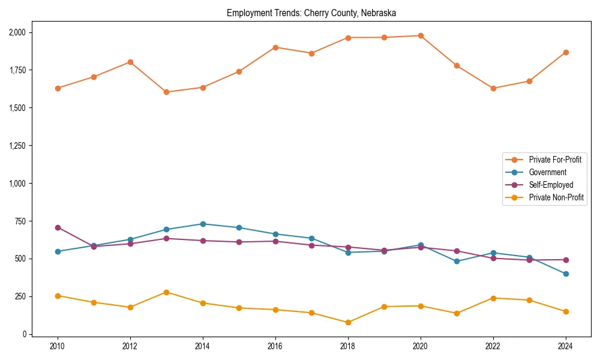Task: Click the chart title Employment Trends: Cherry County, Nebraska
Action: pos(311,13)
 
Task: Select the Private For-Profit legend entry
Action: pos(554,160)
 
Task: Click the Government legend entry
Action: pos(547,172)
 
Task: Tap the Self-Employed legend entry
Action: pos(551,185)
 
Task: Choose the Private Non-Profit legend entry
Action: pos(556,197)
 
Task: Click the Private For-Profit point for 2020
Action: pos(421,35)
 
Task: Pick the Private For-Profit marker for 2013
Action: pos(166,92)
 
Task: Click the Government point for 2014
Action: pos(203,224)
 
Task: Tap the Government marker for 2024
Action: pos(566,274)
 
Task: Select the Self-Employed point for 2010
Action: pos(58,227)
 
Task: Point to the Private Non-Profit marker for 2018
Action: pos(348,322)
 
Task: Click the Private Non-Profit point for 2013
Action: pos(166,292)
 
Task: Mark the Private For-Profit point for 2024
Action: pos(566,52)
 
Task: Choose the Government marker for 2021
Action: pos(457,261)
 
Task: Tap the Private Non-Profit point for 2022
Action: pos(493,298)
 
